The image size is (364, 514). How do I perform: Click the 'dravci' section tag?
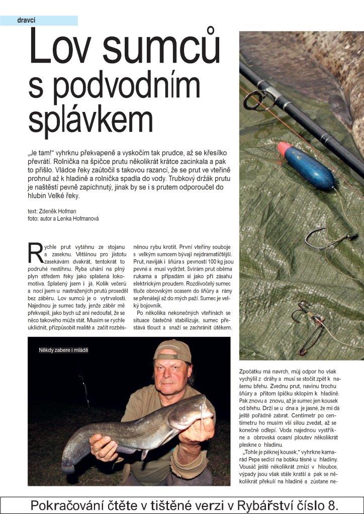pyautogui.click(x=26, y=21)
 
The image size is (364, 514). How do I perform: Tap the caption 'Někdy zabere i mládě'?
pyautogui.click(x=63, y=349)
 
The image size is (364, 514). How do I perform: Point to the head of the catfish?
pyautogui.click(x=189, y=407)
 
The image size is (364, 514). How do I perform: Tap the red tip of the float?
pyautogui.click(x=284, y=149)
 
